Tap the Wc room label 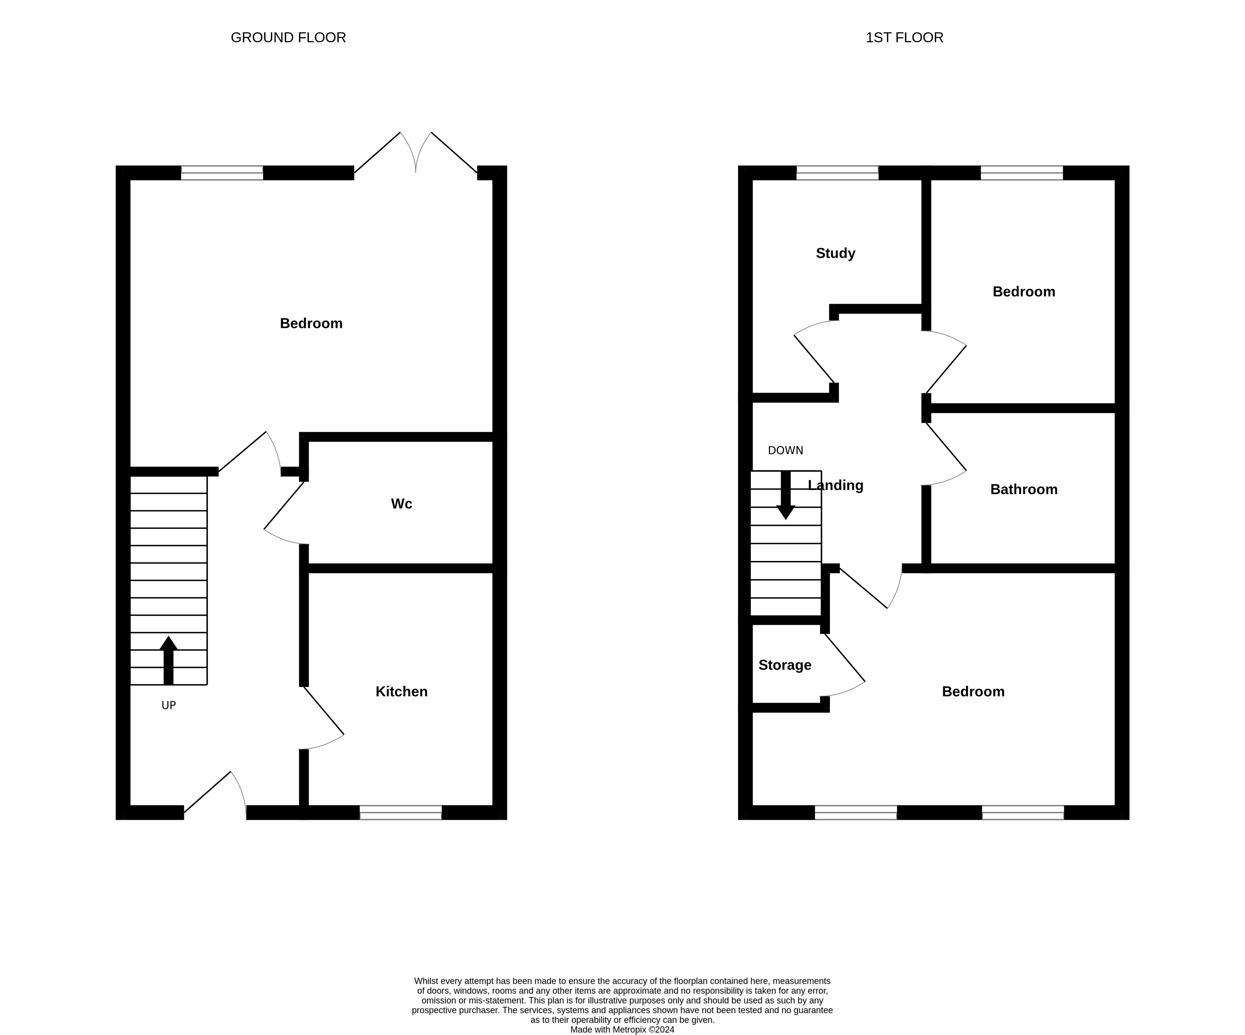pyautogui.click(x=402, y=504)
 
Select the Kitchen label pyautogui.click(x=402, y=692)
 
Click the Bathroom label pyautogui.click(x=1024, y=490)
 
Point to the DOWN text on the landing pyautogui.click(x=786, y=451)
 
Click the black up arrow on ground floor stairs pyautogui.click(x=168, y=660)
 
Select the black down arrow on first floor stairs pyautogui.click(x=786, y=496)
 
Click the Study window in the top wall pyautogui.click(x=837, y=173)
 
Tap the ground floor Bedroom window pyautogui.click(x=222, y=173)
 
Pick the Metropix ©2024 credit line pyautogui.click(x=622, y=1030)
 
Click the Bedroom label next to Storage pyautogui.click(x=973, y=692)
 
